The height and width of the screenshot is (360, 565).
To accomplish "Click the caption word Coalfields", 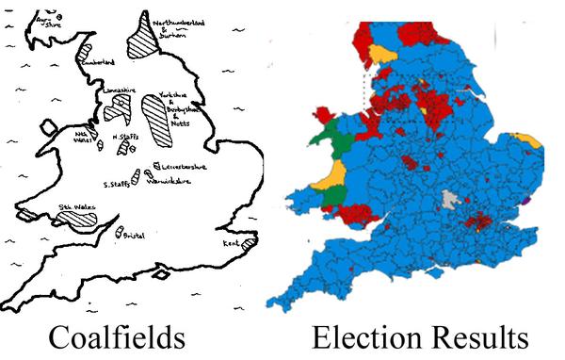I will pyautogui.click(x=116, y=338).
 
